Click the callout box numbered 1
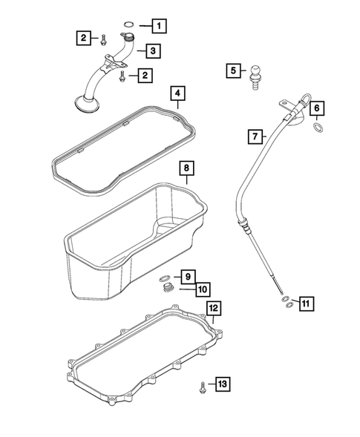coord(157,25)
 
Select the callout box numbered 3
coord(151,50)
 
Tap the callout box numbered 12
coord(212,307)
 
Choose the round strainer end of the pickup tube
coord(85,105)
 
